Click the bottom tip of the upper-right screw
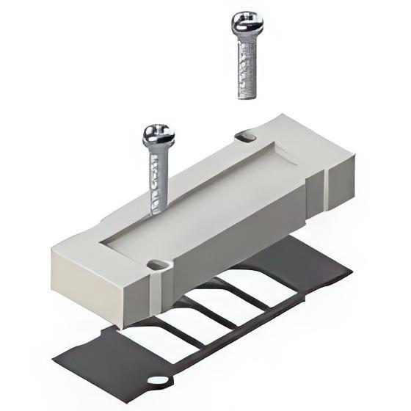pos(247,95)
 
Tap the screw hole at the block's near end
pos(156,262)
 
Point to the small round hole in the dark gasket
pos(157,380)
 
